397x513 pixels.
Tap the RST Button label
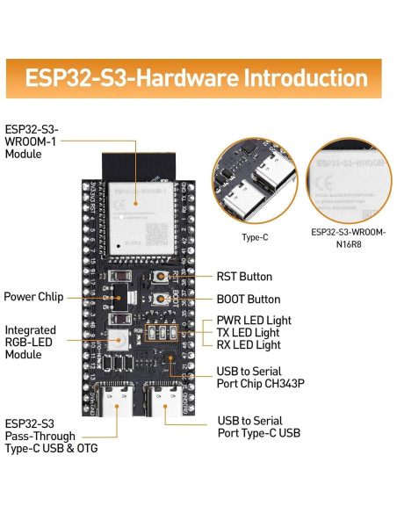244,278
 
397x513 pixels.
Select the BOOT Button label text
249,300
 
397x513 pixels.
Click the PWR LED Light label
254,321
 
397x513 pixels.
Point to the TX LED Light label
249,333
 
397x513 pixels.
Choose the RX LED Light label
249,345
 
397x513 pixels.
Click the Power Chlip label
33,297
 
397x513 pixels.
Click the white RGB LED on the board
124,338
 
